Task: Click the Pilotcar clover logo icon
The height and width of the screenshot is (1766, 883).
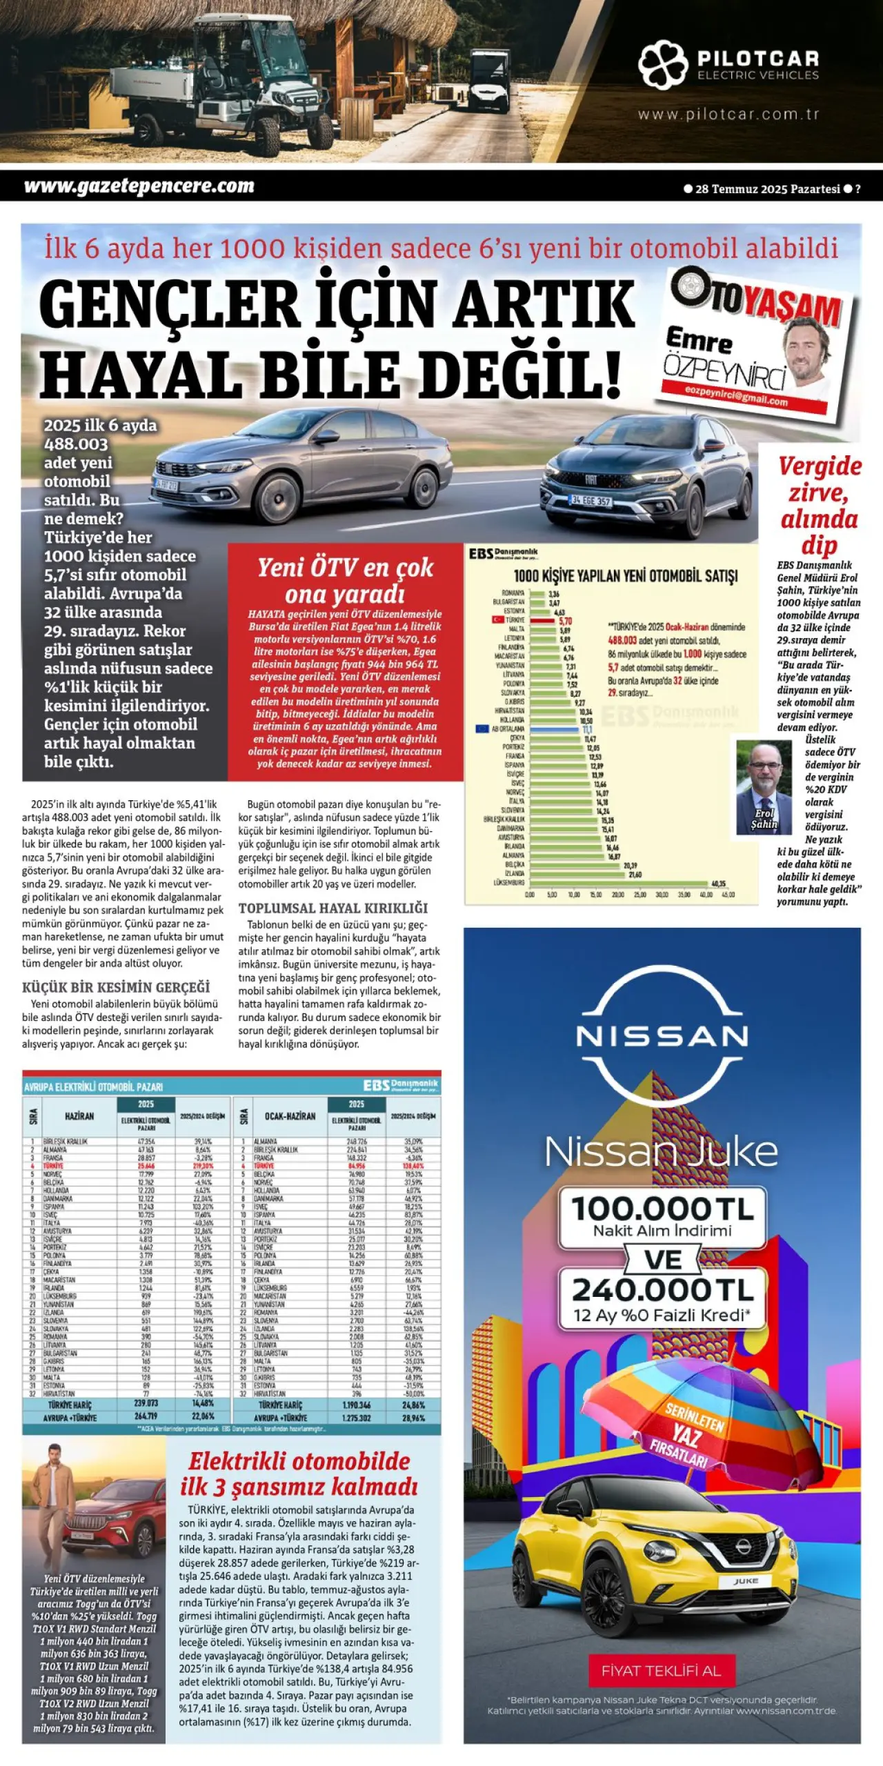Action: click(x=662, y=65)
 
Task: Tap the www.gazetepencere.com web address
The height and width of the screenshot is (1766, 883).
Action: click(x=139, y=186)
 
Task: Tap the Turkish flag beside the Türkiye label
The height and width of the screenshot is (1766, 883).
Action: click(x=497, y=619)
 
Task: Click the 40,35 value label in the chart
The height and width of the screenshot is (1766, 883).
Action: click(x=718, y=883)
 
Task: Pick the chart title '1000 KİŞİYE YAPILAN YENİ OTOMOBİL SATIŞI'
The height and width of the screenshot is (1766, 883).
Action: click(x=625, y=576)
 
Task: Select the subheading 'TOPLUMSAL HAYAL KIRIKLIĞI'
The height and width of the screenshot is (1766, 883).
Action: click(x=333, y=908)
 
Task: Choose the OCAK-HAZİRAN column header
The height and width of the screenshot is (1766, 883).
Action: click(x=290, y=1115)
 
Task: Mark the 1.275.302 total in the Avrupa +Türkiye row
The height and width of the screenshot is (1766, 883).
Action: click(x=356, y=1418)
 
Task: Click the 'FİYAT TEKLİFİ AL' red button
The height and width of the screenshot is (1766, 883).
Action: click(x=662, y=1671)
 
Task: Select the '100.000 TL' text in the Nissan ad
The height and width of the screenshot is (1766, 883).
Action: click(x=662, y=1209)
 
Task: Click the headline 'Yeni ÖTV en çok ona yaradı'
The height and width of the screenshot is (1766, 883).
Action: click(x=345, y=579)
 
